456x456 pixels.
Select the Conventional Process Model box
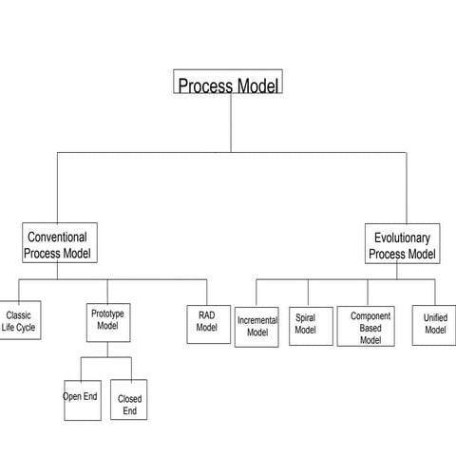click(x=58, y=244)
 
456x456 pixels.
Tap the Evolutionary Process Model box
click(x=403, y=245)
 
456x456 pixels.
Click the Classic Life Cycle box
click(x=18, y=322)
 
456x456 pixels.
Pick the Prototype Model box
click(x=107, y=321)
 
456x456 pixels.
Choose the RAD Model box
click(x=207, y=321)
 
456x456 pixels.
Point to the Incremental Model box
click(x=256, y=326)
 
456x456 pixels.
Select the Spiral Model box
click(x=305, y=324)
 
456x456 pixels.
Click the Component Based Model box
click(x=370, y=326)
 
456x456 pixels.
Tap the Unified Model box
click(x=435, y=324)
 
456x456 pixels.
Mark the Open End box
click(x=82, y=401)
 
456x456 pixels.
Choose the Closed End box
click(x=129, y=403)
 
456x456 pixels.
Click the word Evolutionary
click(x=403, y=237)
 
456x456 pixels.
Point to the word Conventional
click(x=57, y=237)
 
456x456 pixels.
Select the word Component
click(x=370, y=315)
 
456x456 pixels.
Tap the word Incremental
click(x=256, y=320)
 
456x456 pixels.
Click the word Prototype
click(x=107, y=313)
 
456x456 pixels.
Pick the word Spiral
click(x=305, y=318)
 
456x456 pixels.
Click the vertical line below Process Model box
click(x=230, y=123)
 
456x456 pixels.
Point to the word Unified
click(x=435, y=318)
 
